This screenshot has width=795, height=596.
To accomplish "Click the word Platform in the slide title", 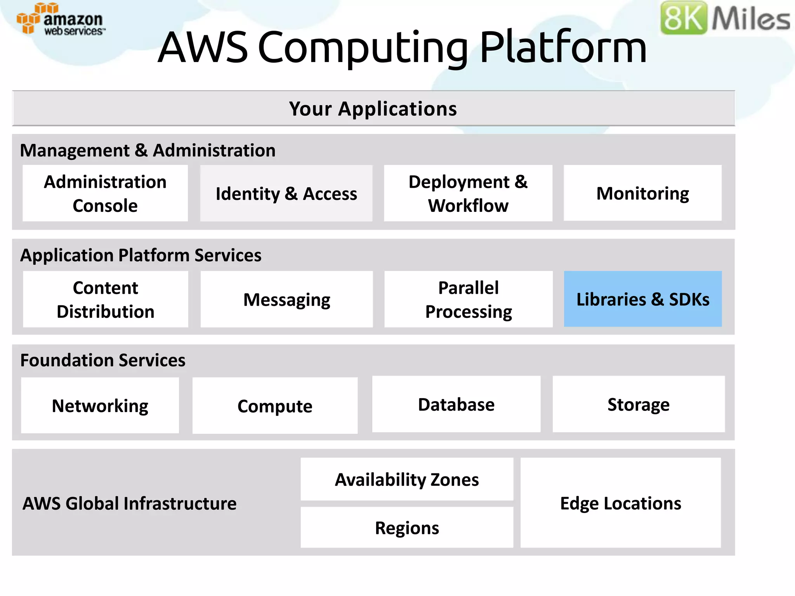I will [x=563, y=47].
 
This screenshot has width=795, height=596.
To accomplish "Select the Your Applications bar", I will [x=373, y=109].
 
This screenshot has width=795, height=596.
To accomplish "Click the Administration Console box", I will [x=105, y=193].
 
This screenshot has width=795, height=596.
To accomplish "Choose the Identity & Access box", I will [x=286, y=193].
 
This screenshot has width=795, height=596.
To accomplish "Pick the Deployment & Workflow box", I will [x=468, y=193].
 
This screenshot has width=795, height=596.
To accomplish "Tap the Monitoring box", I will [x=642, y=193].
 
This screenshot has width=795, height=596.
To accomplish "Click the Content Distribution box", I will [x=106, y=299].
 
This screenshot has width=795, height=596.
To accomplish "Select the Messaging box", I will [x=286, y=299].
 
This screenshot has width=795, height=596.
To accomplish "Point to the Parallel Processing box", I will [x=469, y=299].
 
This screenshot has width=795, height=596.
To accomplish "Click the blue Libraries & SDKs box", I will [x=643, y=299].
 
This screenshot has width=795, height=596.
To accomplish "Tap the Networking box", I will [x=100, y=405].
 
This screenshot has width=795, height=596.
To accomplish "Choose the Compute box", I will [x=275, y=406].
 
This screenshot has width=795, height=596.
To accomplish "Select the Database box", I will [x=456, y=404].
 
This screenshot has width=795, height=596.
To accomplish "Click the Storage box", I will [x=639, y=404].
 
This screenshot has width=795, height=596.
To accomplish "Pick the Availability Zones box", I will [x=407, y=479].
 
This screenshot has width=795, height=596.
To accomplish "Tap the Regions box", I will [x=407, y=528].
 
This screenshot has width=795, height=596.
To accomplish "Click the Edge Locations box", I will [x=620, y=503].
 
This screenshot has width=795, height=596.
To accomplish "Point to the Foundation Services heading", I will [x=103, y=360].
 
